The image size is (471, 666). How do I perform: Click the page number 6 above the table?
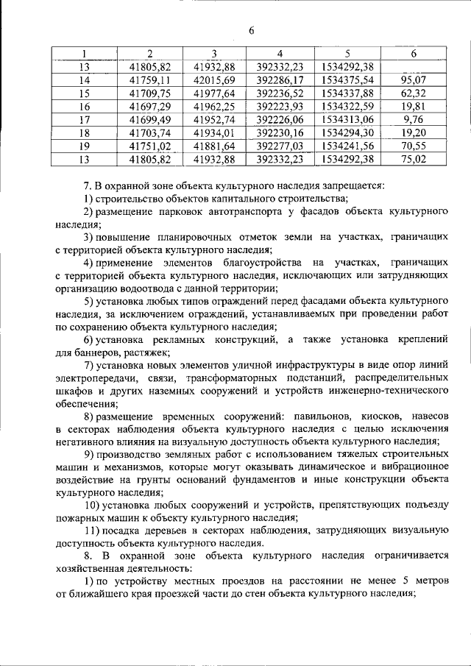[x=251, y=30]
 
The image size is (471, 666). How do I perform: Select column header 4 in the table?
[x=280, y=54]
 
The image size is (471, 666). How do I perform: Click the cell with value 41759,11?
[x=149, y=80]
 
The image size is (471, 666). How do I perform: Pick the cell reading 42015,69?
[x=213, y=80]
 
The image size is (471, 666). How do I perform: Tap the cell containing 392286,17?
[x=280, y=80]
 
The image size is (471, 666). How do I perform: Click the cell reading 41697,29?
[x=149, y=107]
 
